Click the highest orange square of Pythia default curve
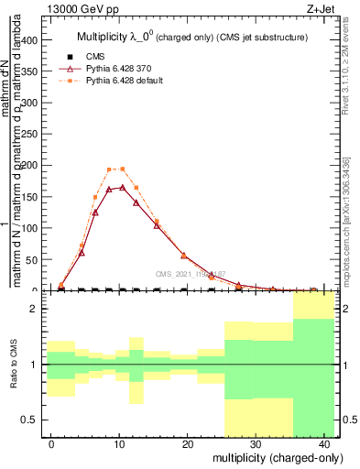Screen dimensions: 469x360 123,169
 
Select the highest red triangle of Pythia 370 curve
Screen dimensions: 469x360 123,187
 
